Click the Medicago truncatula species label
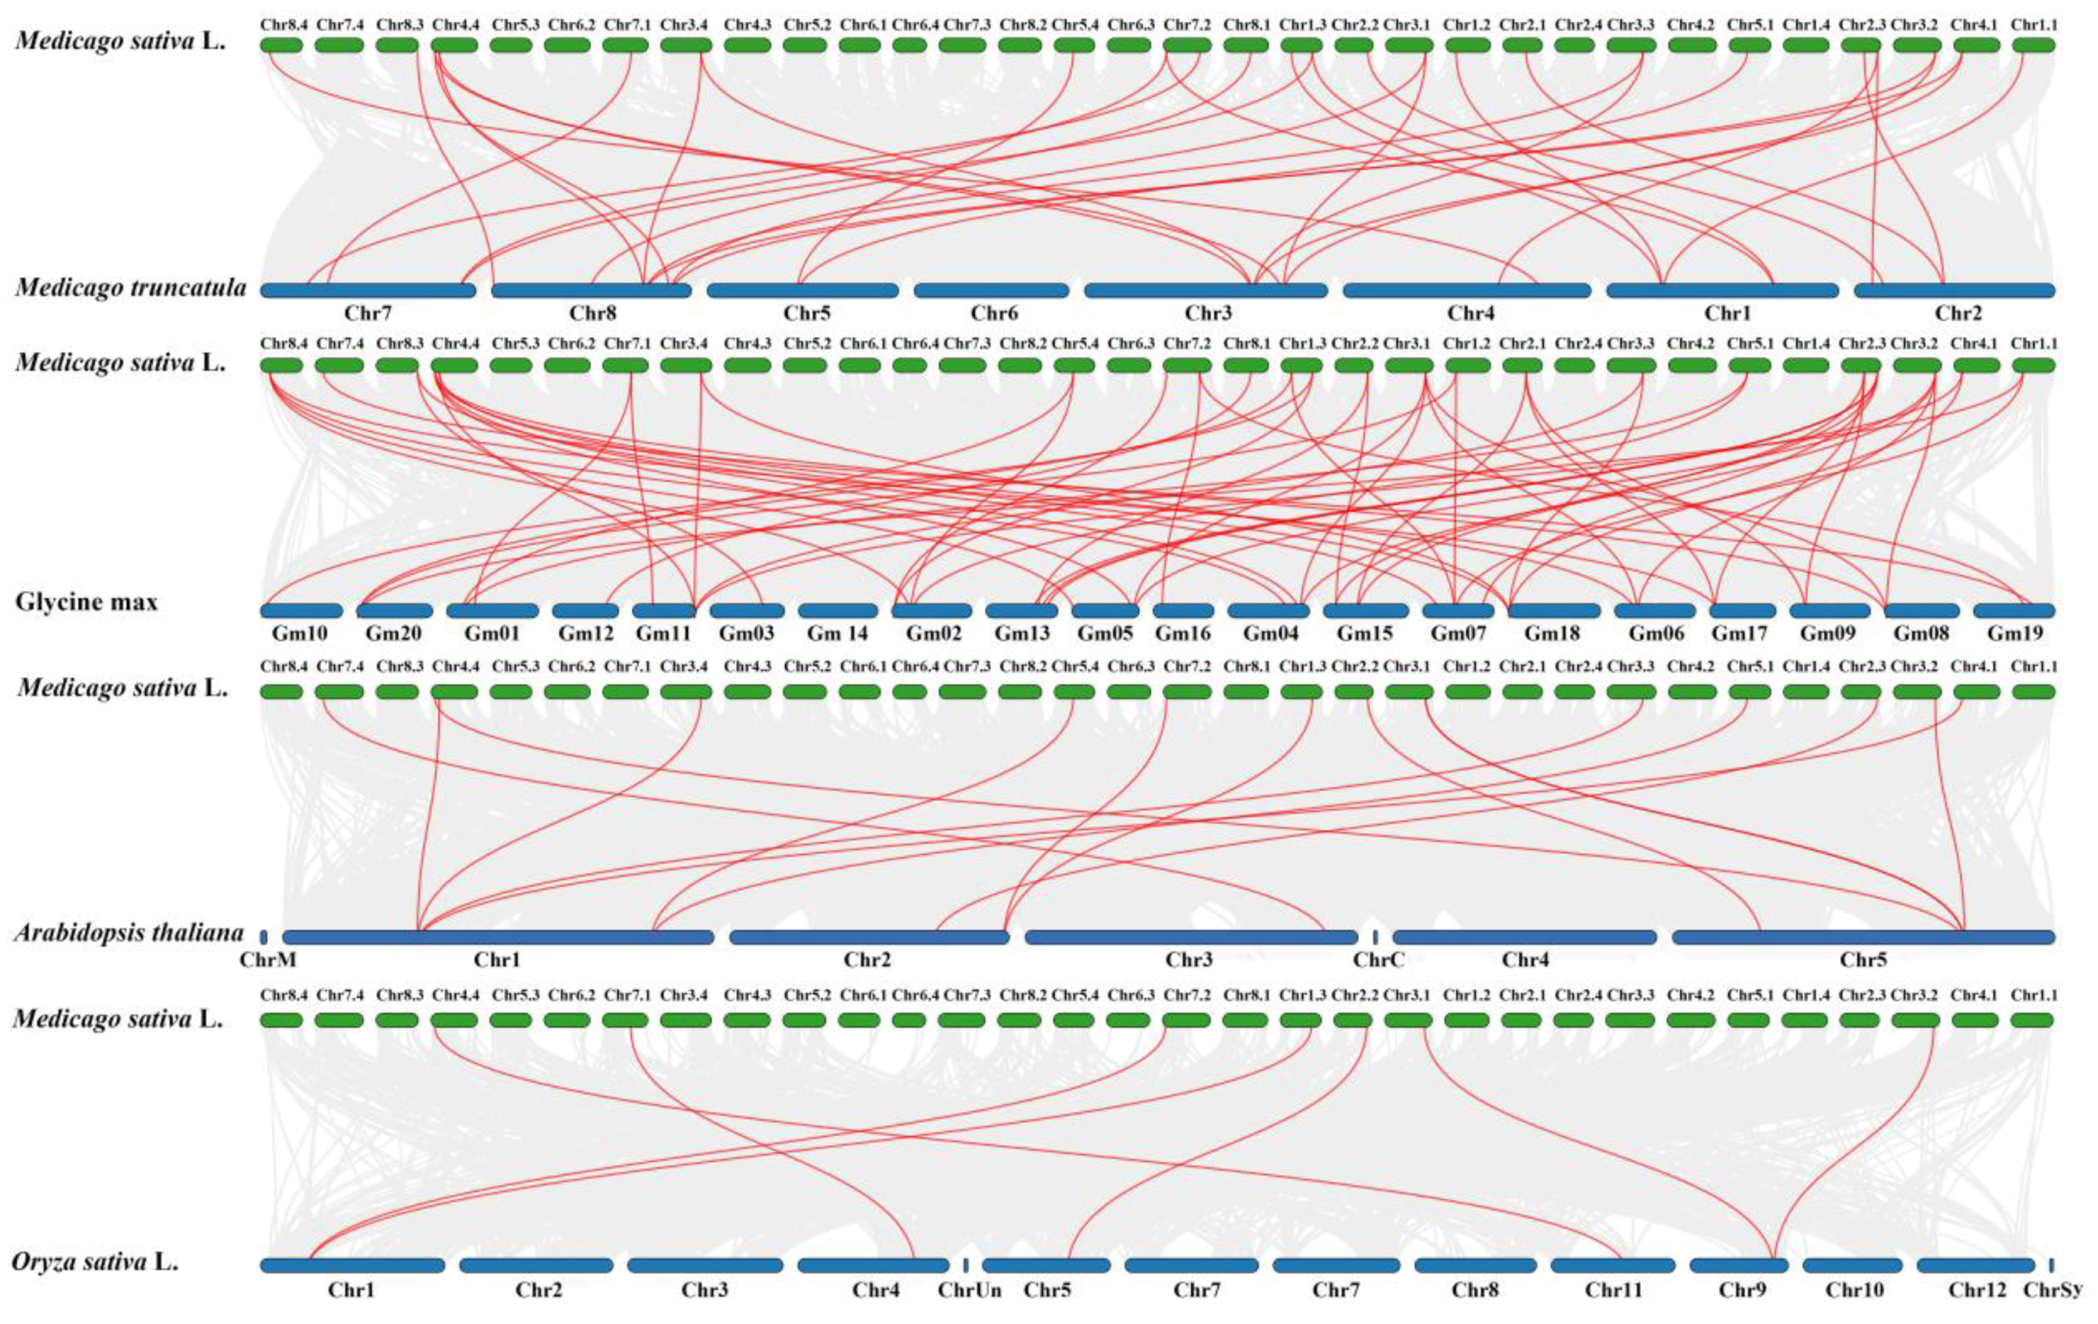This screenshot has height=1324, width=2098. point(130,288)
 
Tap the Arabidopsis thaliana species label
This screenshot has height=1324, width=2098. point(129,933)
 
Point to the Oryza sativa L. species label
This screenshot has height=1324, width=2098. point(95,1262)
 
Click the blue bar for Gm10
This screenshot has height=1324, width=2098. point(301,611)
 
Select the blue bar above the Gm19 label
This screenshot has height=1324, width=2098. point(2015,611)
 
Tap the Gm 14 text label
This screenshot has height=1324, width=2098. point(837,634)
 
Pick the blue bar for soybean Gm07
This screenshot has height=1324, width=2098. point(1459,611)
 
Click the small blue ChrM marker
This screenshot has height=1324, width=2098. point(264,937)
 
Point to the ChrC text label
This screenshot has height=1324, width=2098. point(1378,960)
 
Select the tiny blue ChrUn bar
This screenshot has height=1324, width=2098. point(965,1265)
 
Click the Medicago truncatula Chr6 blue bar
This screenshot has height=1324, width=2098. point(992,290)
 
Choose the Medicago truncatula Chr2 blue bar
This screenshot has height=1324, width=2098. point(1955,290)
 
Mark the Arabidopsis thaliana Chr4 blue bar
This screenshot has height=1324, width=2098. point(1525,937)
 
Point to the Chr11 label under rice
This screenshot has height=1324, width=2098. point(1613,1289)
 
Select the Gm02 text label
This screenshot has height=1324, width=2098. point(929,634)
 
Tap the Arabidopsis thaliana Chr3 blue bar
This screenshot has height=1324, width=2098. point(1191,937)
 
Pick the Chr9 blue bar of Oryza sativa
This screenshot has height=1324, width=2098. point(1739,1265)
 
